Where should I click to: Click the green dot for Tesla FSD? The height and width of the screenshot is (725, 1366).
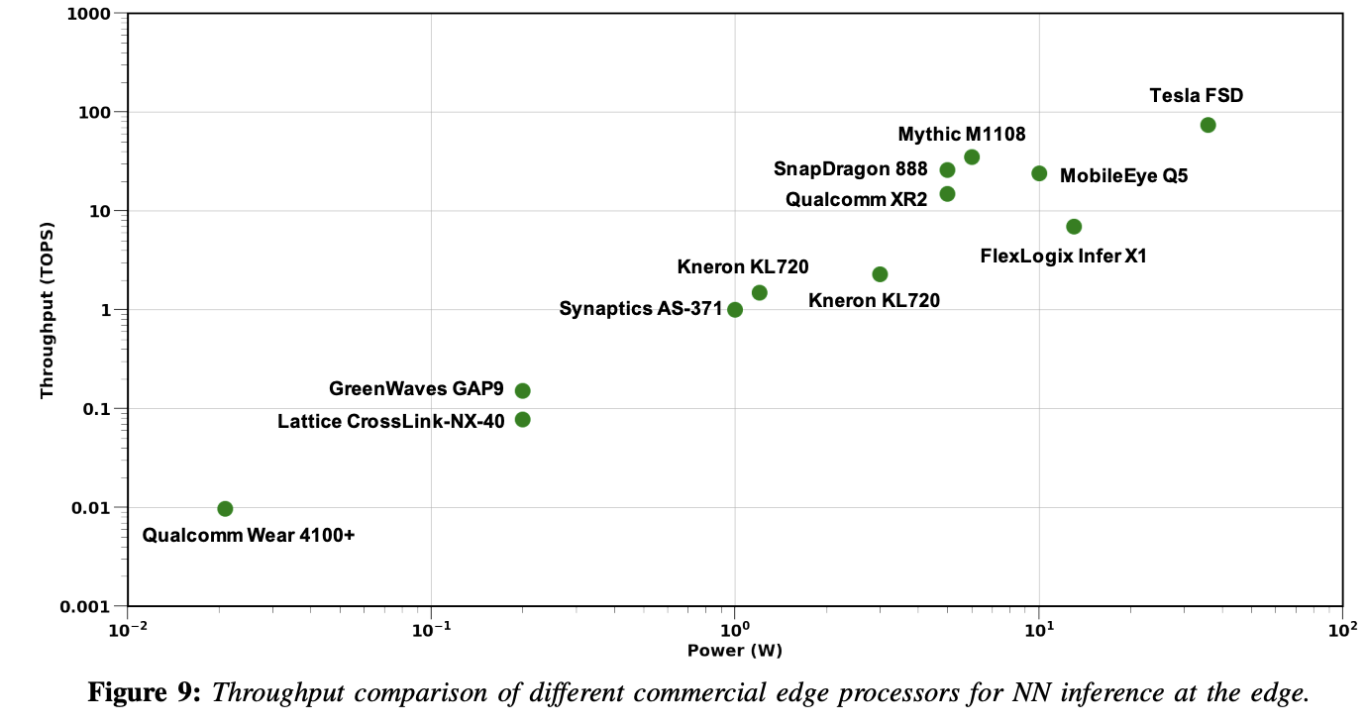pyautogui.click(x=1208, y=125)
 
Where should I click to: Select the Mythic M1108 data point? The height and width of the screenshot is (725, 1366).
pyautogui.click(x=972, y=156)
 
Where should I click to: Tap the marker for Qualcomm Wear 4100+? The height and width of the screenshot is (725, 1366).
pyautogui.click(x=225, y=508)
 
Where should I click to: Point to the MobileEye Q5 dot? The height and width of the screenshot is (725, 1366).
pyautogui.click(x=1039, y=173)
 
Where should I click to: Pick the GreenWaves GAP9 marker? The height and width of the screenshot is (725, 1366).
pyautogui.click(x=522, y=390)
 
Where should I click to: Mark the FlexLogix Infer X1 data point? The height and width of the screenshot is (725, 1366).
pyautogui.click(x=1074, y=227)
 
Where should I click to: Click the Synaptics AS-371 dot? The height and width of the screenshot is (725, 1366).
pyautogui.click(x=735, y=309)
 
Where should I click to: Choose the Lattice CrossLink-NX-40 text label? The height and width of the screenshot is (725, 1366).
pyautogui.click(x=391, y=421)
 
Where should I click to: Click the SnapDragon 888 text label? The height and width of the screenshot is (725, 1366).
pyautogui.click(x=851, y=169)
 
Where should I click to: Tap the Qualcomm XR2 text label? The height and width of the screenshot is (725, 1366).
pyautogui.click(x=857, y=199)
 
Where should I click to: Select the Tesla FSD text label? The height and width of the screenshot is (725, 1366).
pyautogui.click(x=1196, y=96)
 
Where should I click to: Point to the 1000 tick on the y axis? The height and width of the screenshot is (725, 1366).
pyautogui.click(x=88, y=14)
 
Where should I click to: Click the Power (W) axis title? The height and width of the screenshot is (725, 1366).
pyautogui.click(x=735, y=651)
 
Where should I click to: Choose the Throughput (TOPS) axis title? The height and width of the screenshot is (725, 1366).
pyautogui.click(x=46, y=309)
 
